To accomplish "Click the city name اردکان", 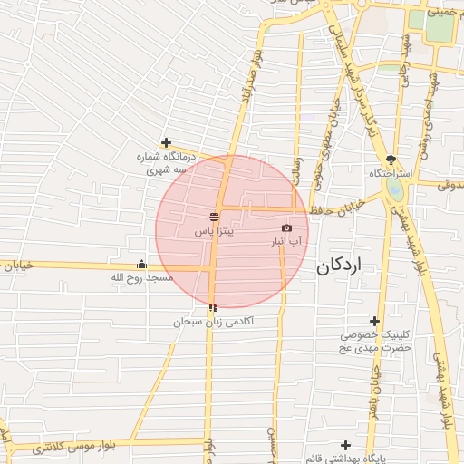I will click(339, 266).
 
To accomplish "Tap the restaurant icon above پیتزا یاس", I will click(214, 217).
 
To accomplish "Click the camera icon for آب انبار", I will click(287, 228).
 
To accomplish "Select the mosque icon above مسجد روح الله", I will click(141, 265).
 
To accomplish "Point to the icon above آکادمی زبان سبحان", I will click(213, 308).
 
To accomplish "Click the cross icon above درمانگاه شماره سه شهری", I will click(166, 142).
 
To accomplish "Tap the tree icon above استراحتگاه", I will click(391, 159).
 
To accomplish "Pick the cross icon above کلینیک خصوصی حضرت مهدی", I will click(374, 321).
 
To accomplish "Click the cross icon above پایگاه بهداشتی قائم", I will click(345, 445).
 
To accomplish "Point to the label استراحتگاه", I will click(391, 172).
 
